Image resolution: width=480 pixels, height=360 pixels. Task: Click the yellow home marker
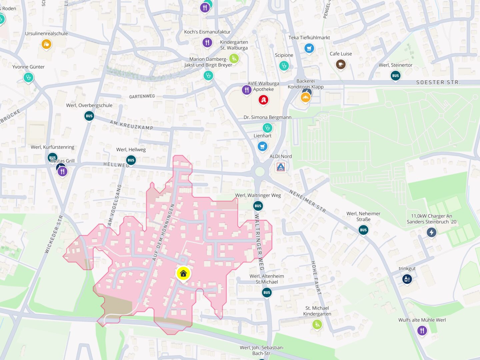point(183,274)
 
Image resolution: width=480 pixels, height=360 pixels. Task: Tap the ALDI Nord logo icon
point(281,167)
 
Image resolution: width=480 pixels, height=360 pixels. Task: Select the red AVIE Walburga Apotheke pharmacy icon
point(263,100)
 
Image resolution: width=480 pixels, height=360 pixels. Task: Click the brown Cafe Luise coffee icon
point(340,64)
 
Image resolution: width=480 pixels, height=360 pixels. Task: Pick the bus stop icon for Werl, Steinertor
point(395,76)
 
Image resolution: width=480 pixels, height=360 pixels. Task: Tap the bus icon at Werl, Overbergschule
point(89,116)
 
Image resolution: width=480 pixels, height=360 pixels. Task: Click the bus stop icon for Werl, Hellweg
point(131,160)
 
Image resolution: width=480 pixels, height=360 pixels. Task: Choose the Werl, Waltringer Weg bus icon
point(258,206)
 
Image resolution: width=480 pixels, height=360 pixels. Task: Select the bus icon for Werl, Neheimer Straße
point(363,230)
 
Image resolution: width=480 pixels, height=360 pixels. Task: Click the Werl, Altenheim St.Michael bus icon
point(267,292)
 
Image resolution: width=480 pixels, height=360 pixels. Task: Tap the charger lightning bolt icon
point(432,232)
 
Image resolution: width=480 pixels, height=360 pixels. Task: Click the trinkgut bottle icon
point(407,279)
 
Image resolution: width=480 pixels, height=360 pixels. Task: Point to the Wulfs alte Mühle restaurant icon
point(422,330)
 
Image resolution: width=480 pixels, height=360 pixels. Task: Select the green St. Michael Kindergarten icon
point(317,324)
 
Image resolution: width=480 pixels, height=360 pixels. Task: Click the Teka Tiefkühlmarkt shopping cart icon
point(309,48)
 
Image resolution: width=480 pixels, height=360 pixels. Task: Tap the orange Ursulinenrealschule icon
point(46,44)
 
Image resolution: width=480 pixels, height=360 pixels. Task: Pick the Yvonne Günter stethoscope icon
point(28,78)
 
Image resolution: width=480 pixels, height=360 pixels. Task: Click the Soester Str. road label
point(438,82)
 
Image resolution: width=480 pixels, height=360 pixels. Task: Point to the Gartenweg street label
point(142,96)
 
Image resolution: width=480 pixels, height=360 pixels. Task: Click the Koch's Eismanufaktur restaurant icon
point(207,42)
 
